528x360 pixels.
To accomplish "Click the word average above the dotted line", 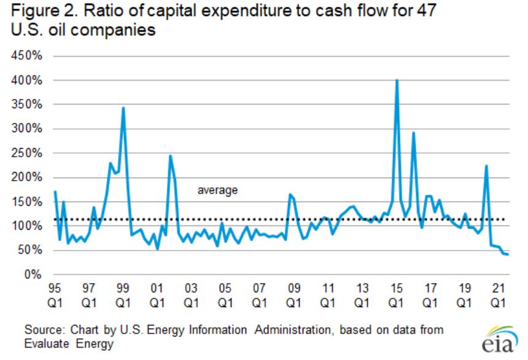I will click(217, 191).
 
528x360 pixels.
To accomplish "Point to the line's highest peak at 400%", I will click(397, 80).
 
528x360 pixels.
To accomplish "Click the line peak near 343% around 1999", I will click(123, 108).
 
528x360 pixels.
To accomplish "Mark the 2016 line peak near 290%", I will click(414, 133).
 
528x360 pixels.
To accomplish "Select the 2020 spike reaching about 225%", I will click(486, 166).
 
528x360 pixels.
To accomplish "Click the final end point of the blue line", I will click(508, 254).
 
